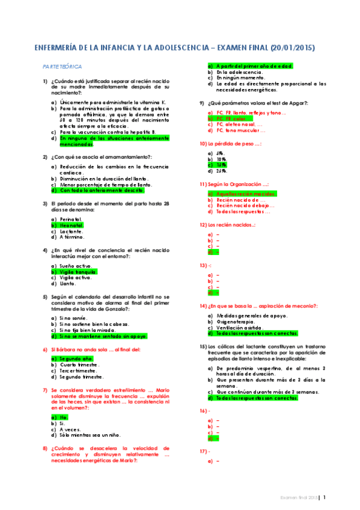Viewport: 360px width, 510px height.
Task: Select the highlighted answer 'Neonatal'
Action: (x=72, y=225)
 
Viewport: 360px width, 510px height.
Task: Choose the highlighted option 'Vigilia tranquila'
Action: (x=78, y=271)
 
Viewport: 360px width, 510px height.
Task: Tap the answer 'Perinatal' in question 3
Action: (x=72, y=219)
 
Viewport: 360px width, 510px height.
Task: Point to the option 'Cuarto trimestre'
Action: (x=79, y=364)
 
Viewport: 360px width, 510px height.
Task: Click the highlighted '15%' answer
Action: (x=221, y=164)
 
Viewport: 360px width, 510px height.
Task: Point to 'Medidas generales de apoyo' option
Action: (x=251, y=315)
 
